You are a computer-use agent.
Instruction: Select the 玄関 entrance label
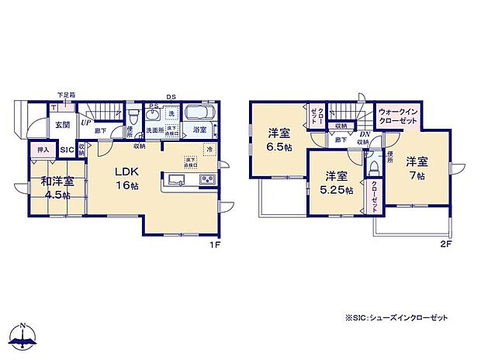62,123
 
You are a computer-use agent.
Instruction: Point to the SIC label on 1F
67,149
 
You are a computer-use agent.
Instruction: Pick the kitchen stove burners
208,182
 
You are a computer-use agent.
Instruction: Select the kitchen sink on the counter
175,182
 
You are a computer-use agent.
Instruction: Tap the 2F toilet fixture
373,167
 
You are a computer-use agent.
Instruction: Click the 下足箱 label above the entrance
65,95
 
